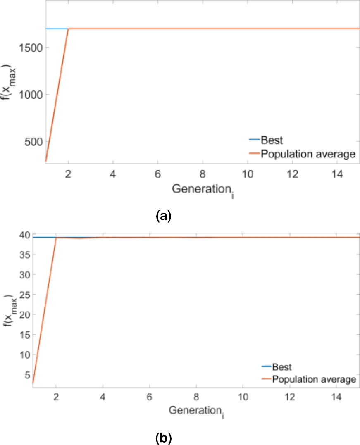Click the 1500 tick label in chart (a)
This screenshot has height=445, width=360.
(x=31, y=47)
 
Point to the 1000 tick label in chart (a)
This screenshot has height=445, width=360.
(x=31, y=94)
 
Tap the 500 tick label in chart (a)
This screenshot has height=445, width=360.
(x=33, y=142)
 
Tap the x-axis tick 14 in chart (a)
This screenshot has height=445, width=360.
(x=338, y=174)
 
